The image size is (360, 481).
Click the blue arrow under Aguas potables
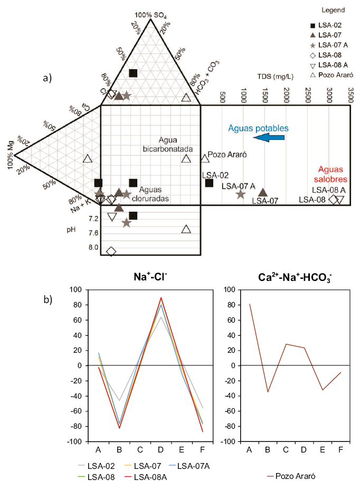pos(269,138)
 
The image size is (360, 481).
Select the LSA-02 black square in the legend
pos(313,25)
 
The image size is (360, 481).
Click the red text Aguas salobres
pos(330,174)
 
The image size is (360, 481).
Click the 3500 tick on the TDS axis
pos(351,95)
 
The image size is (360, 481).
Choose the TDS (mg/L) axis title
pos(275,77)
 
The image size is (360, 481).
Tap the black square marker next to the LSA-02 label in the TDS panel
pos(209,183)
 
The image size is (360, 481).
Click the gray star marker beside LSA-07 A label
pos(241,194)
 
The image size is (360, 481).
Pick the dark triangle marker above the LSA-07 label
pos(263,193)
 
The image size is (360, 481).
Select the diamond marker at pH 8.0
pos(111,251)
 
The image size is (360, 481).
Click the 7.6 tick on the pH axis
pos(93,233)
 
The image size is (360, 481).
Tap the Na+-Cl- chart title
pos(150,277)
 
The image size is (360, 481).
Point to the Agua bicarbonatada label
pos(168,145)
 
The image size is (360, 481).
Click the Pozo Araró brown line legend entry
pos(291,476)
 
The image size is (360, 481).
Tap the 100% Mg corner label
pos(11,155)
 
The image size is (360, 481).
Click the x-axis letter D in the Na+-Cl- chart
pos(160,450)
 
